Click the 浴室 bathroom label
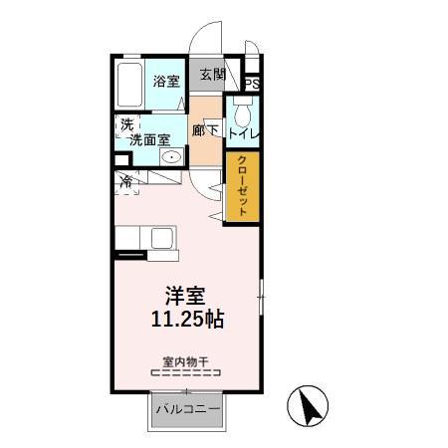click(165, 83)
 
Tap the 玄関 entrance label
click(211, 75)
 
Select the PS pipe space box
click(251, 84)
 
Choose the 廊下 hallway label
click(206, 129)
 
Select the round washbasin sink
click(171, 157)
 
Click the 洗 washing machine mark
click(126, 124)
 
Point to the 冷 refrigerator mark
click(128, 181)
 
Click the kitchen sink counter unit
click(144, 240)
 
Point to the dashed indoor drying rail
click(184, 373)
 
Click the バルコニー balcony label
click(187, 410)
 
